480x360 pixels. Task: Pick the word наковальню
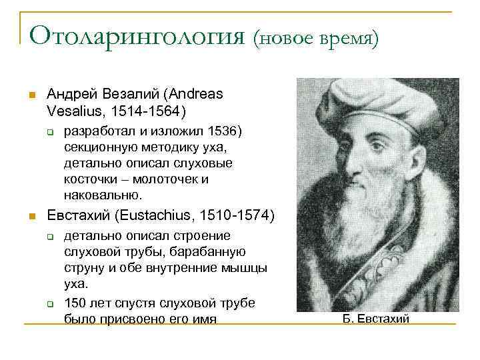point(103,195)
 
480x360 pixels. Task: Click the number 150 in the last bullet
point(75,303)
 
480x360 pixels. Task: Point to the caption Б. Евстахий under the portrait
point(377,318)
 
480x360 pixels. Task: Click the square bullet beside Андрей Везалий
point(30,95)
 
